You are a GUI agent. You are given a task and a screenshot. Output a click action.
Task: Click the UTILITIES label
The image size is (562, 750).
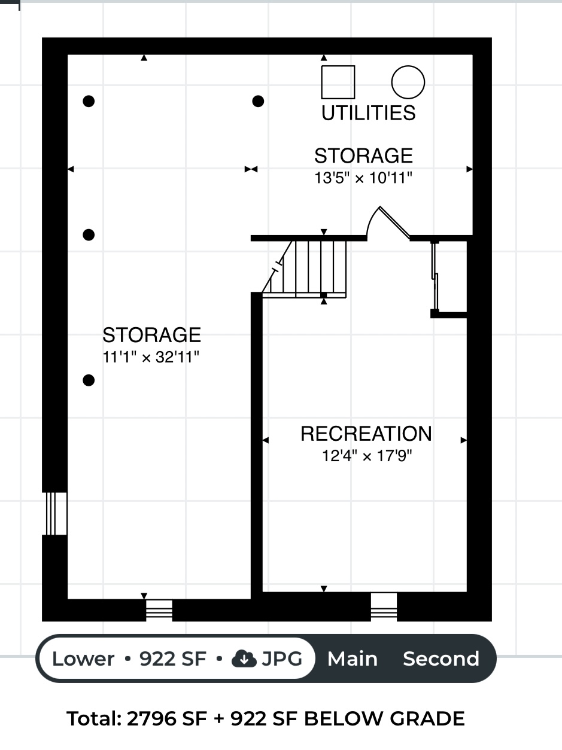[x=369, y=113]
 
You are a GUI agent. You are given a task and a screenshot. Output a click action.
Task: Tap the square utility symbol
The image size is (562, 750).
[x=338, y=82]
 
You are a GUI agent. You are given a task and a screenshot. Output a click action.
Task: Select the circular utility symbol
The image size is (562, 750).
[x=408, y=82]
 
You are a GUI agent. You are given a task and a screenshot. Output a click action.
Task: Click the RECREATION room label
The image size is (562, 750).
[x=366, y=434]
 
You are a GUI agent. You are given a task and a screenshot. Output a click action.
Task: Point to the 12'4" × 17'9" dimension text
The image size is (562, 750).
[x=367, y=456]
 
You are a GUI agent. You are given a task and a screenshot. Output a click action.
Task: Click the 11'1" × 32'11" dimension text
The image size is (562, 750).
[x=151, y=357]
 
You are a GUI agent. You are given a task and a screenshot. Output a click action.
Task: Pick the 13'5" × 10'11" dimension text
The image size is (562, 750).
[x=363, y=178]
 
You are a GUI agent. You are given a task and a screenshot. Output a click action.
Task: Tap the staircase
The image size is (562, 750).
[x=304, y=269]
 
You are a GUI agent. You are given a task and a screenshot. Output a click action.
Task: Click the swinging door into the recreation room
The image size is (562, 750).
[x=388, y=222]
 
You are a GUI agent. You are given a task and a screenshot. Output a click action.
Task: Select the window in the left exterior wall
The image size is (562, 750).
[x=54, y=513]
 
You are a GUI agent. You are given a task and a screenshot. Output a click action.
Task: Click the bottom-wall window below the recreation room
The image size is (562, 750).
[x=384, y=607]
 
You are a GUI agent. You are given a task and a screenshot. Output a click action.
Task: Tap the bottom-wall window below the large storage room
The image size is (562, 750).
[x=159, y=610]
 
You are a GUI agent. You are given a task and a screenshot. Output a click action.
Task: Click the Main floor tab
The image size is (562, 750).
[x=353, y=658]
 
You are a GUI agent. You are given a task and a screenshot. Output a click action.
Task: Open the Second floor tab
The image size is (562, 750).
[x=441, y=658]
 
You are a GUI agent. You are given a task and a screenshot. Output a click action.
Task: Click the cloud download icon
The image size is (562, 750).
[x=244, y=658]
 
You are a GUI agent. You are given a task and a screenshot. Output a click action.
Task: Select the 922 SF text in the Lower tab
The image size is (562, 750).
[x=172, y=658]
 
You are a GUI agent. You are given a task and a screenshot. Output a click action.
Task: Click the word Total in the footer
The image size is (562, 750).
[x=94, y=718]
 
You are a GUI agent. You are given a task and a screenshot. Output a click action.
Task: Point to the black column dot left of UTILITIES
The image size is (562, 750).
[x=258, y=101]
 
